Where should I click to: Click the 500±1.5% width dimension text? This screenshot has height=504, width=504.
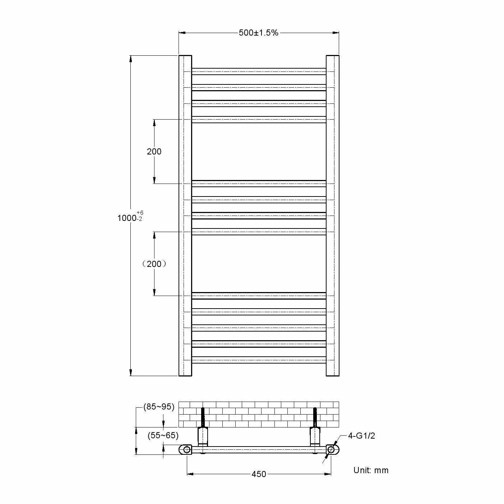coord(259,33)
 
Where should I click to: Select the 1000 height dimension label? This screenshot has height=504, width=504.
coord(127,218)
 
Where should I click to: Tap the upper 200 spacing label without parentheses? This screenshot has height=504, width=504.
coord(154,152)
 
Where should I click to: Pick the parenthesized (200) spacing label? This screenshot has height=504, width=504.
coord(154,264)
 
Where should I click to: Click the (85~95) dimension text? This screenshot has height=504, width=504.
coord(159,407)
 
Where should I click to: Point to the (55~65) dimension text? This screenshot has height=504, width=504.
coord(163,435)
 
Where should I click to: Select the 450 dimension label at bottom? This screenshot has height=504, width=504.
coord(259,474)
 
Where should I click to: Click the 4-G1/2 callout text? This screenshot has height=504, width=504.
coord(361,436)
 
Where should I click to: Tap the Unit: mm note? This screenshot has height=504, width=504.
coord(371,470)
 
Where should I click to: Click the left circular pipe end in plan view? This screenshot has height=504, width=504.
coord(186,449)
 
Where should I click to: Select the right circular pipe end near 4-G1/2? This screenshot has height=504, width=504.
coord(331,449)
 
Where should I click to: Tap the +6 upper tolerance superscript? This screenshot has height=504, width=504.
coord(140,213)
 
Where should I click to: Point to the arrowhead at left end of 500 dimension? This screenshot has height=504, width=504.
coord(182,33)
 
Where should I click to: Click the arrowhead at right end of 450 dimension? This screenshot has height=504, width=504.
coord(328,474)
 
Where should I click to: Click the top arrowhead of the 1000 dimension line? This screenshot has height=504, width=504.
coord(131,59)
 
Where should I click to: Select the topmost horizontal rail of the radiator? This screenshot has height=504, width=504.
coord(259,71)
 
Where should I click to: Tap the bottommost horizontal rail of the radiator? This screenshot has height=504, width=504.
coord(259,360)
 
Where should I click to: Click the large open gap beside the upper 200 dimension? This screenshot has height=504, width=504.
coord(259,152)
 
